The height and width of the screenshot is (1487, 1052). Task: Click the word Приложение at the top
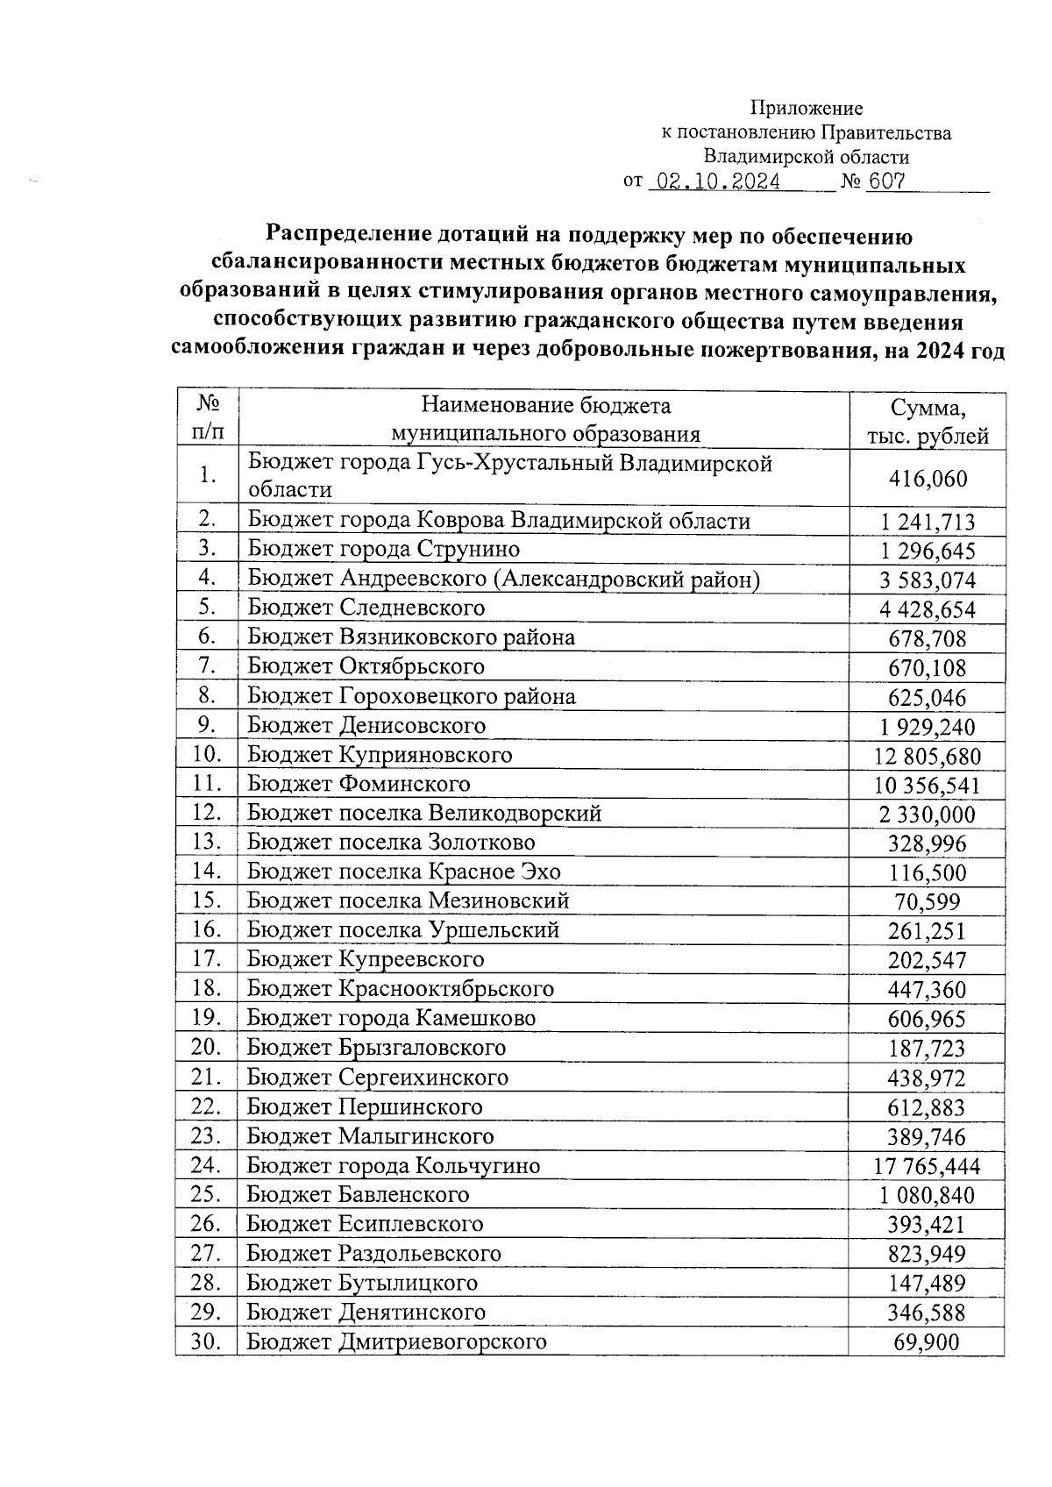pyautogui.click(x=806, y=109)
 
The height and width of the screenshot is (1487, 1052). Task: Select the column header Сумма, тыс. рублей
pyautogui.click(x=928, y=421)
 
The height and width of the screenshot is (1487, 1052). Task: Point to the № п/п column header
pyautogui.click(x=207, y=417)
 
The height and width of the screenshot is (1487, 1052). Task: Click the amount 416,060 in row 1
pyautogui.click(x=928, y=479)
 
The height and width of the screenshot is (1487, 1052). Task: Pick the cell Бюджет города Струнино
pyautogui.click(x=384, y=550)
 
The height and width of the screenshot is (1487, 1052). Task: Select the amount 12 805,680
pyautogui.click(x=928, y=756)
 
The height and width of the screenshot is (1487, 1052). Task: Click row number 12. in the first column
pyautogui.click(x=206, y=813)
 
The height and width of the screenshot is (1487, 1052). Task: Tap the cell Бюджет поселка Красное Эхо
pyautogui.click(x=404, y=872)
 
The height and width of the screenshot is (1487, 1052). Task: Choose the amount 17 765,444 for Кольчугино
pyautogui.click(x=927, y=1166)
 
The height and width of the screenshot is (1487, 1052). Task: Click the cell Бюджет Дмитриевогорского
pyautogui.click(x=396, y=1341)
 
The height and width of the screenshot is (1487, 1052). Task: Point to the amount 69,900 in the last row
pyautogui.click(x=927, y=1342)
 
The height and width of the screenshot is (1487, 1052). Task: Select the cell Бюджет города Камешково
pyautogui.click(x=391, y=1018)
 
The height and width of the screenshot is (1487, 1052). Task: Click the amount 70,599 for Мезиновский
pyautogui.click(x=928, y=901)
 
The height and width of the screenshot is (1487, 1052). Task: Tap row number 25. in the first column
pyautogui.click(x=206, y=1194)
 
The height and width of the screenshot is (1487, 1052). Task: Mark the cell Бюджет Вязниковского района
pyautogui.click(x=411, y=637)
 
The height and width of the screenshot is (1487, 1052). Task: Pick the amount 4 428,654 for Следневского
pyautogui.click(x=928, y=609)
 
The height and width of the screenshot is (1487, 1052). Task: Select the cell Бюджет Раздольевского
pyautogui.click(x=374, y=1253)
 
